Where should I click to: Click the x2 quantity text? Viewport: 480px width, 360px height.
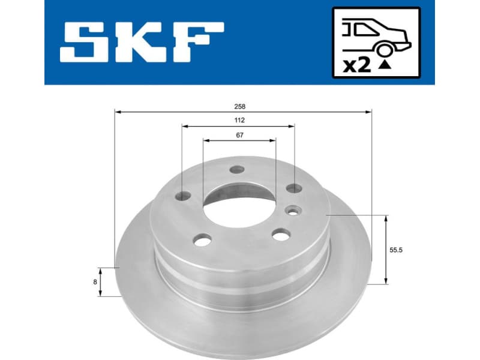tap(357, 65)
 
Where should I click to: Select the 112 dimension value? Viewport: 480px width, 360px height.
tap(240, 120)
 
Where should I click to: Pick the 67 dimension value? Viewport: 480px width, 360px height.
tap(239, 135)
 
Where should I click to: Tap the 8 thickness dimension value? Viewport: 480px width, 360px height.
tap(95, 280)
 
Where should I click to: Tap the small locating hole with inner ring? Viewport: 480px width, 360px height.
tap(293, 209)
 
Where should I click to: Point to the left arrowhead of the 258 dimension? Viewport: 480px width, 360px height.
tap(118, 112)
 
